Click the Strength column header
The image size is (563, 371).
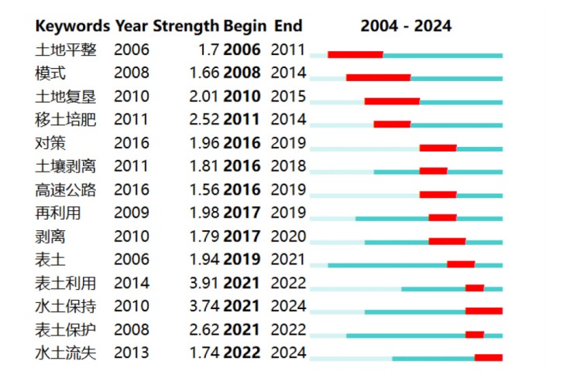click(x=186, y=26)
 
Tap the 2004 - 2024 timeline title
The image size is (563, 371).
click(x=406, y=26)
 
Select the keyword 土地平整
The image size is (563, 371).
click(x=66, y=49)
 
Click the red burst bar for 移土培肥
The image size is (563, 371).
click(x=392, y=124)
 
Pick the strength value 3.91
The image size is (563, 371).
click(x=204, y=283)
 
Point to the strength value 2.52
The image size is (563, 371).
click(x=204, y=119)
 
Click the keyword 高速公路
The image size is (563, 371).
click(x=66, y=190)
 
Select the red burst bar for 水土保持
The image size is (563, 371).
click(x=484, y=311)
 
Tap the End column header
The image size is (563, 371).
click(x=288, y=26)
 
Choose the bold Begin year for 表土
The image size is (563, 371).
click(x=242, y=259)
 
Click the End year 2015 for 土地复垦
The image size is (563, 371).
click(x=288, y=96)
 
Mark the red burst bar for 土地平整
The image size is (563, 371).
click(x=355, y=54)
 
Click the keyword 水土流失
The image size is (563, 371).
click(x=66, y=353)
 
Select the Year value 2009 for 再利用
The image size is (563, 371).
click(x=132, y=213)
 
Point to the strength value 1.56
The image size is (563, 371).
click(x=204, y=189)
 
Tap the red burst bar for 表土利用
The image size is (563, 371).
click(x=475, y=288)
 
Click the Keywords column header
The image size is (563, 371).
click(x=73, y=26)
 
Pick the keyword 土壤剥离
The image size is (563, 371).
click(x=66, y=166)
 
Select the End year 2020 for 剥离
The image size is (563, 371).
click(x=288, y=237)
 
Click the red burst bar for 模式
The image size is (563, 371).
click(x=379, y=77)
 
